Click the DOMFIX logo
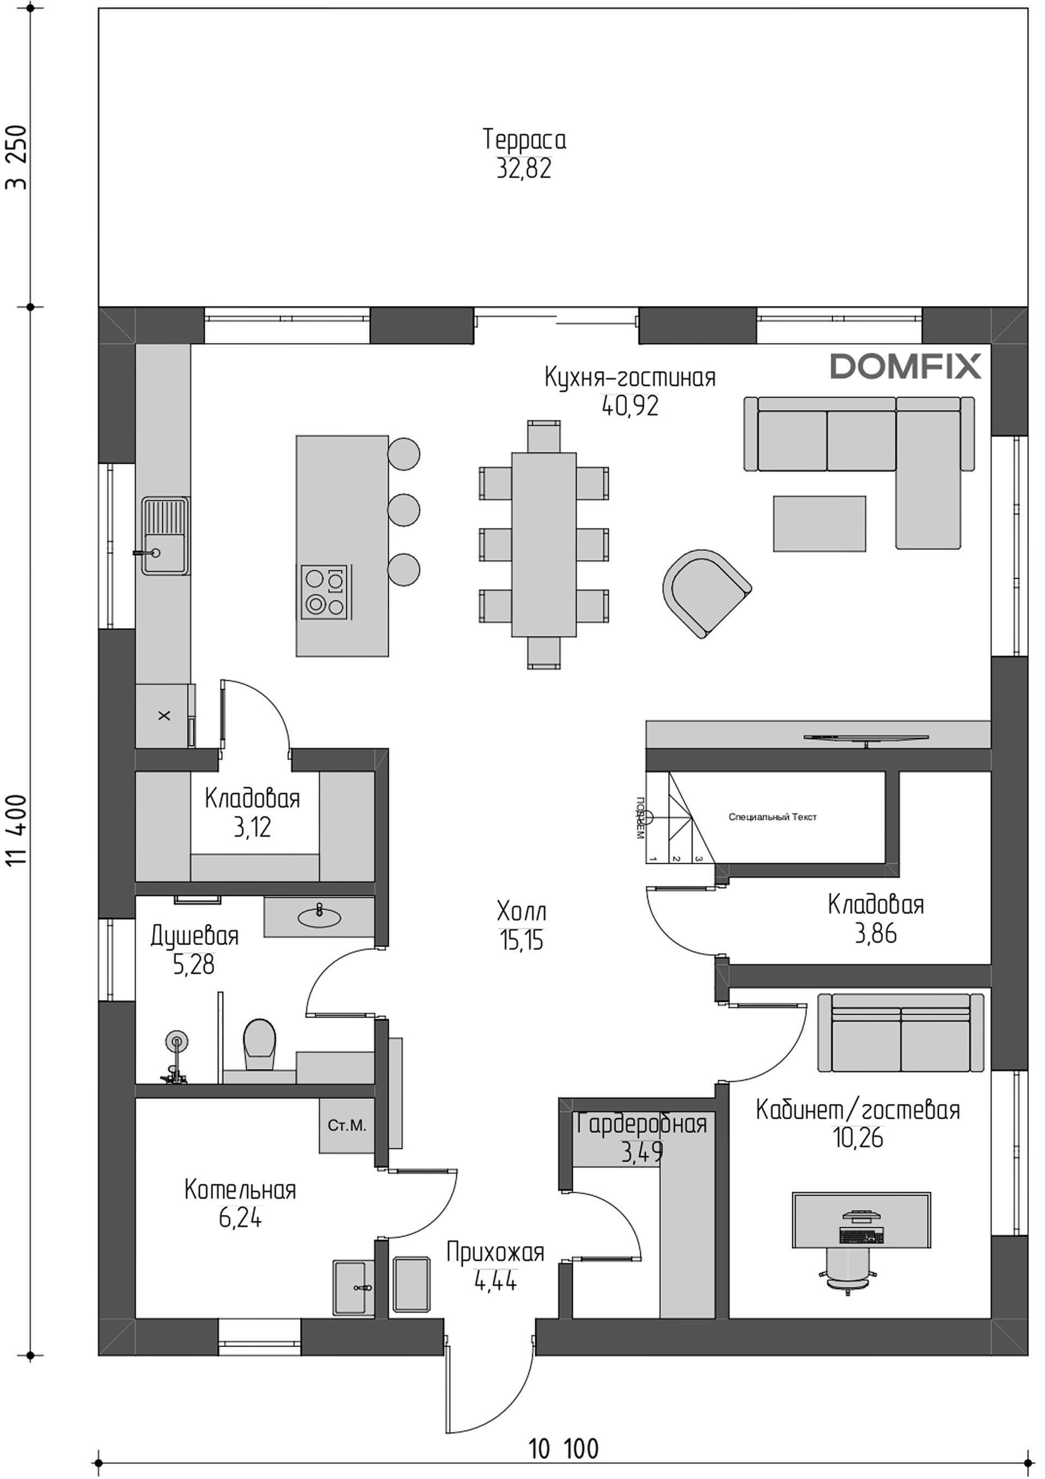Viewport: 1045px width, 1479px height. tap(905, 366)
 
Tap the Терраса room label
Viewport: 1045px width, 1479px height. tap(524, 140)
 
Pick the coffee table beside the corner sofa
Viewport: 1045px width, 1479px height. tap(820, 523)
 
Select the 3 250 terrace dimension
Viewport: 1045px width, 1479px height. tap(17, 157)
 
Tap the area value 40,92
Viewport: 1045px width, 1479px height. tap(630, 406)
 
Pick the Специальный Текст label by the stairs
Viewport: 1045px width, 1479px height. tap(773, 817)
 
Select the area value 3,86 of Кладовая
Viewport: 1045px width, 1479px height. tap(876, 934)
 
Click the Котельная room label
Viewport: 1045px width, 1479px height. tap(240, 1190)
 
